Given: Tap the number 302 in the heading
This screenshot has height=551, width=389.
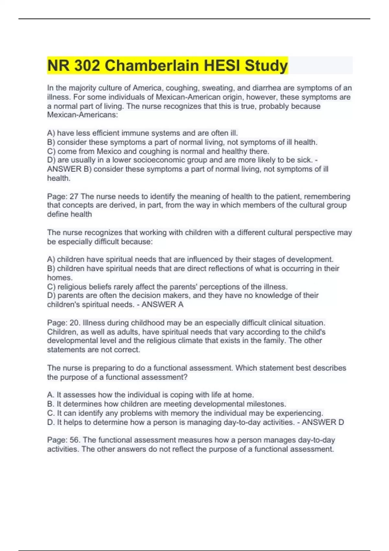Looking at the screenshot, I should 87,65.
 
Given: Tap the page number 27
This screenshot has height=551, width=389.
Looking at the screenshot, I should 74,196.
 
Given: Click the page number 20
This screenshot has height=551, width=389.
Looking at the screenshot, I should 75,323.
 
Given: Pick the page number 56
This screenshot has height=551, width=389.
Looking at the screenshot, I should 75,440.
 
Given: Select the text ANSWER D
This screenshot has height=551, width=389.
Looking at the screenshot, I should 323,422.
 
